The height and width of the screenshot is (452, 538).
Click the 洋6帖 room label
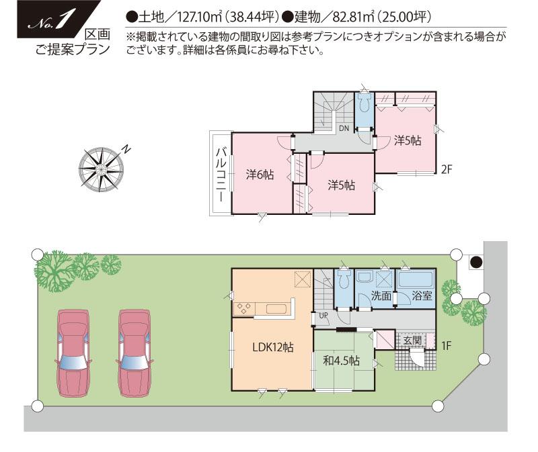click(x=260, y=175)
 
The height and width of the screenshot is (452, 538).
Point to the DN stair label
click(x=344, y=128)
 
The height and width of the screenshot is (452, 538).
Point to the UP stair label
click(x=323, y=315)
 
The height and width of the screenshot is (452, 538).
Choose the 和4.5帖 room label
click(x=341, y=361)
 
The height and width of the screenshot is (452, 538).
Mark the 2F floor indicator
click(x=447, y=169)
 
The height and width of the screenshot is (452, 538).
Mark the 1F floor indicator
click(x=447, y=346)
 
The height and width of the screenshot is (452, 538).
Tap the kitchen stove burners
click(x=243, y=308)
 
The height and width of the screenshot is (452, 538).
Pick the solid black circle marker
click(x=475, y=262)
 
